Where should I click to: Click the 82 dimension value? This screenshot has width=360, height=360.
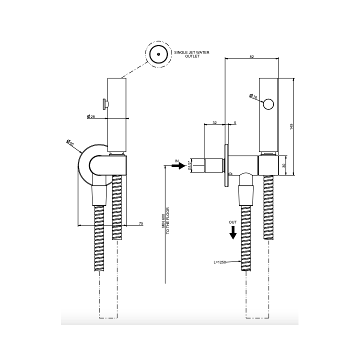pos(251,56)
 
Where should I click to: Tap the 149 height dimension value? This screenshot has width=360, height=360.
pos(291,126)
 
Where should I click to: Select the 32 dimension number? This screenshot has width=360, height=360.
pos(214,123)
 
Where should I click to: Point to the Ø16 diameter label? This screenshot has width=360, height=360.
pos(253,96)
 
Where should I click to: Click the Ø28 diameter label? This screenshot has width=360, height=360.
pos(91,116)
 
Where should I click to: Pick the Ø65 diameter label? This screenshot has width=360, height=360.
pos(70,142)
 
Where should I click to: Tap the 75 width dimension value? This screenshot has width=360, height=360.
pos(141,223)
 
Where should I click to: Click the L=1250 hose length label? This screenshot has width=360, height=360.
pos(219,262)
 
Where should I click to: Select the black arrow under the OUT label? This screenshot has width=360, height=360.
pos(233,232)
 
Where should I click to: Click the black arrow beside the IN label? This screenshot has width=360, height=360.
pos(178,165)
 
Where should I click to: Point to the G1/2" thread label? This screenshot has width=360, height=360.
pos(189,165)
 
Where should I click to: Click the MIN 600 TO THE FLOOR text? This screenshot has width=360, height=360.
pos(165,220)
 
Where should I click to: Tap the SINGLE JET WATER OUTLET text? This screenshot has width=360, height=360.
pos(191,54)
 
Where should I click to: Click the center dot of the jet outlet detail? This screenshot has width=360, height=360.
pos(158,54)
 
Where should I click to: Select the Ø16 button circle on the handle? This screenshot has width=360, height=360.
pos(268,104)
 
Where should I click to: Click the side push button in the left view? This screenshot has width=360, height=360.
pos(105,104)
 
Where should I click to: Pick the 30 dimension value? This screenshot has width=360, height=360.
pos(284,165)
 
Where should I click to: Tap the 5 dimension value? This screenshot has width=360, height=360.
pos(235,123)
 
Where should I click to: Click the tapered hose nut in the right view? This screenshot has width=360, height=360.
pos(246,195)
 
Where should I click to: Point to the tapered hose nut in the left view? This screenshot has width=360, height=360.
pos(99,195)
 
